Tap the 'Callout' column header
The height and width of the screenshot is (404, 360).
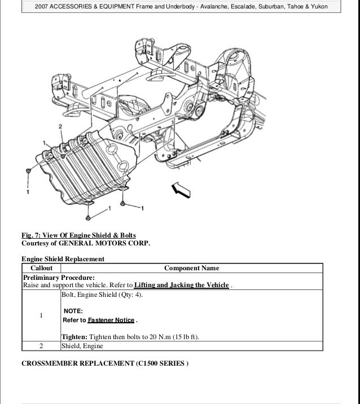point(41,268)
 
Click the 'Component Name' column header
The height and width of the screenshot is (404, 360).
point(191,268)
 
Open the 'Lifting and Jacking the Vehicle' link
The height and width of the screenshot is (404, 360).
point(181,286)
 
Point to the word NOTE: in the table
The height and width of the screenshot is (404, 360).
point(73,311)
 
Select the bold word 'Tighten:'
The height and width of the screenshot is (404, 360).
point(74,337)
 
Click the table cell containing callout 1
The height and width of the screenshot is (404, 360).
point(41,315)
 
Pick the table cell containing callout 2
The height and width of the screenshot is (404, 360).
point(41,347)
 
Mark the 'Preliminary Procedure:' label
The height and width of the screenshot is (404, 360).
point(58,278)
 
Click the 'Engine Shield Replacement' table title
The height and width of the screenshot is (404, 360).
point(63,259)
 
